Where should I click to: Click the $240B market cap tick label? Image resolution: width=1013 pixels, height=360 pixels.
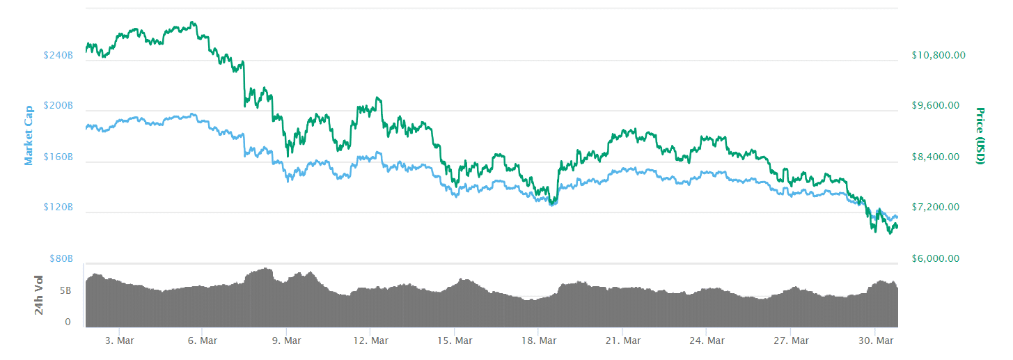[58, 55]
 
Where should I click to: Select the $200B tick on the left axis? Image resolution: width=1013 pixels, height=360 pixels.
[58, 106]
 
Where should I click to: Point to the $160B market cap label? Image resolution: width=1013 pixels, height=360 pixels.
[58, 157]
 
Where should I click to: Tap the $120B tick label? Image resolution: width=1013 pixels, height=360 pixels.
[58, 208]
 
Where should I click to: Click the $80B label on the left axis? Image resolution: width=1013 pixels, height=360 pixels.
[61, 258]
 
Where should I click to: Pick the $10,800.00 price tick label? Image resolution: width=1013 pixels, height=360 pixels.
[939, 55]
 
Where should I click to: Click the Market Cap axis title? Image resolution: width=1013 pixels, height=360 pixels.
[29, 135]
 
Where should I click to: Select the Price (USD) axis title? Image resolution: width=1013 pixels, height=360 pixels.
[980, 136]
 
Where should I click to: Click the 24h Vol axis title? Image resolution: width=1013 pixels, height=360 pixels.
[40, 295]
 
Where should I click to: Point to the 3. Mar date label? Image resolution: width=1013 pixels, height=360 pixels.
[118, 341]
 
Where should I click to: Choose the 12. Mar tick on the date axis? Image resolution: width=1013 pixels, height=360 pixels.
[370, 341]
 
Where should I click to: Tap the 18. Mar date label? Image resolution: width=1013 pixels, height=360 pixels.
[538, 341]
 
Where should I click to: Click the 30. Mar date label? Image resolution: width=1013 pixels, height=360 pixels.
[874, 341]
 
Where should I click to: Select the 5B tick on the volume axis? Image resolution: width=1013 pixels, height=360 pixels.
[65, 290]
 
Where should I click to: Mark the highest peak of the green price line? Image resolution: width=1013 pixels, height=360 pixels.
[192, 22]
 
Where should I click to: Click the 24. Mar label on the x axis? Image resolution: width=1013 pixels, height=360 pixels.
[706, 341]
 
